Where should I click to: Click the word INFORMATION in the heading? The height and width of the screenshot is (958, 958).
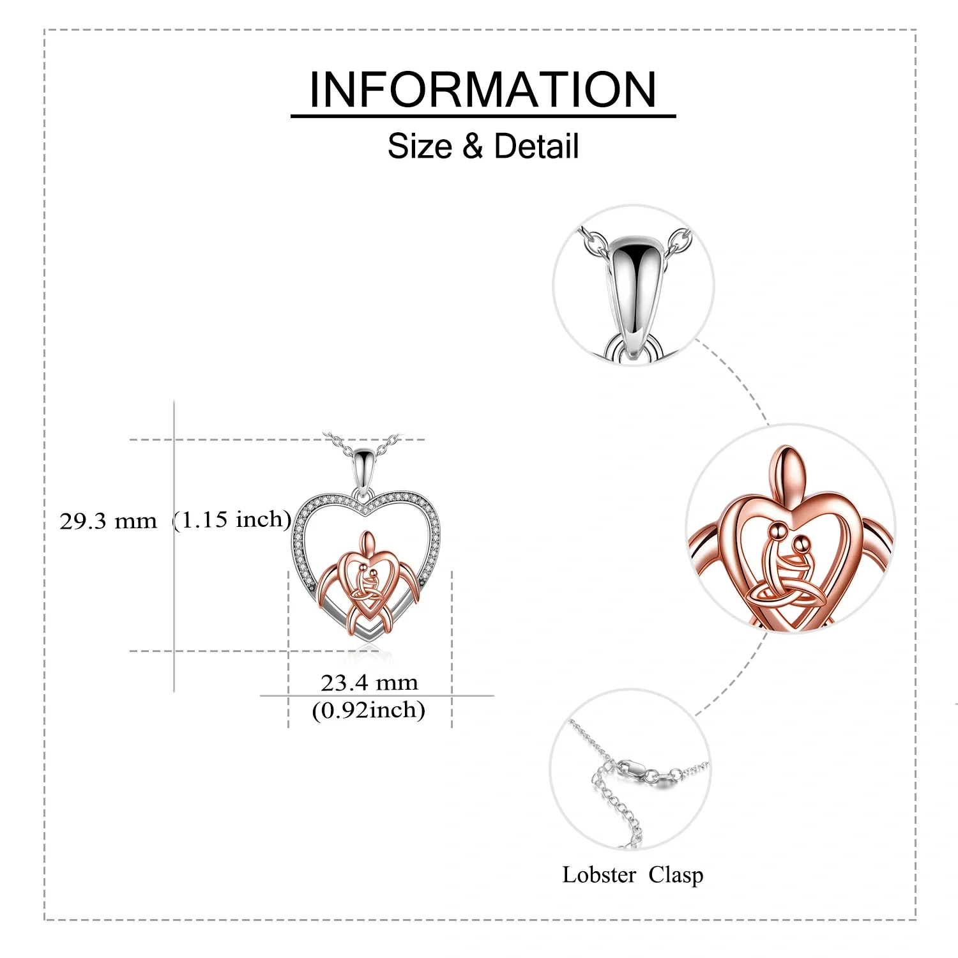483,89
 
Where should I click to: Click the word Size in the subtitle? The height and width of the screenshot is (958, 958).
420,146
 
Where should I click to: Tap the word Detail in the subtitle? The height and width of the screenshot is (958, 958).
536,146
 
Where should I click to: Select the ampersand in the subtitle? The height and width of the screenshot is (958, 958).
473,146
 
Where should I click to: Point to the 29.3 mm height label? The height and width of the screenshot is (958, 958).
108,521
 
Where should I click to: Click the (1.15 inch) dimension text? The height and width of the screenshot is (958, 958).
232,520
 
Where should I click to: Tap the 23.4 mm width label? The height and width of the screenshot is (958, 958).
369,683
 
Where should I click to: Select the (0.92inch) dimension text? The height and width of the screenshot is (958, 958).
369,710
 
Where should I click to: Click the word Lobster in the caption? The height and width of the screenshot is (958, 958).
599,875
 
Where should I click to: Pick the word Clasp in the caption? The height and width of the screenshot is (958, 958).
676,875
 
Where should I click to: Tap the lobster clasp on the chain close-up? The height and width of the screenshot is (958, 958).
635,768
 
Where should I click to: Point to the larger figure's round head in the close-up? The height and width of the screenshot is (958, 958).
779,529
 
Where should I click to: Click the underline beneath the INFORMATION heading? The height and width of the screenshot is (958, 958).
483,116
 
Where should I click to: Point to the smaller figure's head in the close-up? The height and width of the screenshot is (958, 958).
801,544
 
